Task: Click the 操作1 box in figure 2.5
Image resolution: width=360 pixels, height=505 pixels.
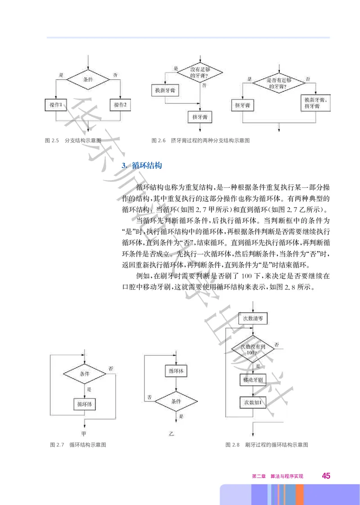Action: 56,104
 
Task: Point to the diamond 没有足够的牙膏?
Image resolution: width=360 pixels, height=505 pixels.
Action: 200,72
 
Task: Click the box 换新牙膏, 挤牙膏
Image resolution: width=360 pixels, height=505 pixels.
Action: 315,103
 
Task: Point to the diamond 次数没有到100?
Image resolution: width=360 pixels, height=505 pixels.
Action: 254,349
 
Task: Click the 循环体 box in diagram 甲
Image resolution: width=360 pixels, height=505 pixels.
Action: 85,403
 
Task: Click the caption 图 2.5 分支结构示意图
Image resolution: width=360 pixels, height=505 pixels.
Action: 75,141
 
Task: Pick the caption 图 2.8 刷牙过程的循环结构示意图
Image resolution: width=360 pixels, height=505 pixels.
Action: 267,445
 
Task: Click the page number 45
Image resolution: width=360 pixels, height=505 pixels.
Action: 326,476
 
